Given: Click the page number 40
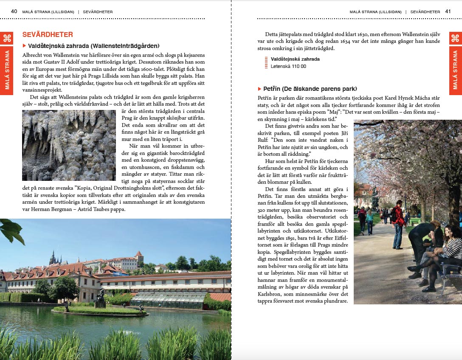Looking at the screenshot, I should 14,11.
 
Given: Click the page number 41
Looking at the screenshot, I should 448,11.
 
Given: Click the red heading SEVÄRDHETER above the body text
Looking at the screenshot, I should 48,35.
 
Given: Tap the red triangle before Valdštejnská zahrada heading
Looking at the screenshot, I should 24,45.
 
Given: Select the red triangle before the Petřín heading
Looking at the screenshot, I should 260,89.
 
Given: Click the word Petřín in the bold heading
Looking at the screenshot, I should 271,89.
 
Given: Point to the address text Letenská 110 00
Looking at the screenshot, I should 288,66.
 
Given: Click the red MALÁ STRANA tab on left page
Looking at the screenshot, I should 7,70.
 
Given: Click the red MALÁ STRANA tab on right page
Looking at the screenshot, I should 455,70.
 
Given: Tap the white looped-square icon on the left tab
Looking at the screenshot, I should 7,38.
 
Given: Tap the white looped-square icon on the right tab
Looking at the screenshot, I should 455,38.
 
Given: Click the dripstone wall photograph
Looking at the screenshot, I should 69,145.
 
